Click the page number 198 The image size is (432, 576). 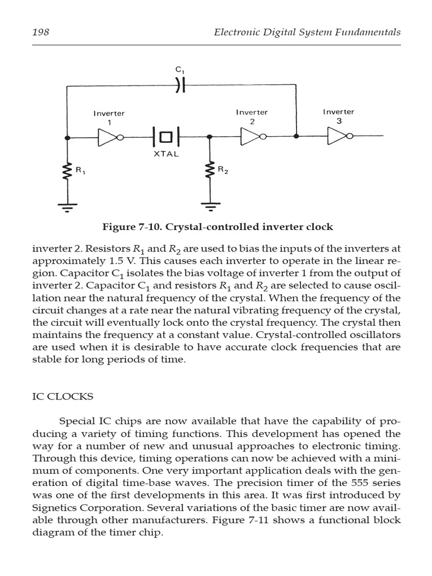[40, 32]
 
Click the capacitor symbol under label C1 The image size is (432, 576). [179, 85]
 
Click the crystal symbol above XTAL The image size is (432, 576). [166, 137]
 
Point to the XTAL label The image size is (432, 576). [166, 154]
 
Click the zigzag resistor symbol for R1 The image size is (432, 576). [67, 171]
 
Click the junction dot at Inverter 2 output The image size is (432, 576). [296, 136]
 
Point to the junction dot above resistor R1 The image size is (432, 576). [67, 137]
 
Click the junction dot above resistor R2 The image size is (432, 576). [210, 137]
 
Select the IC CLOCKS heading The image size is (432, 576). [62, 397]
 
